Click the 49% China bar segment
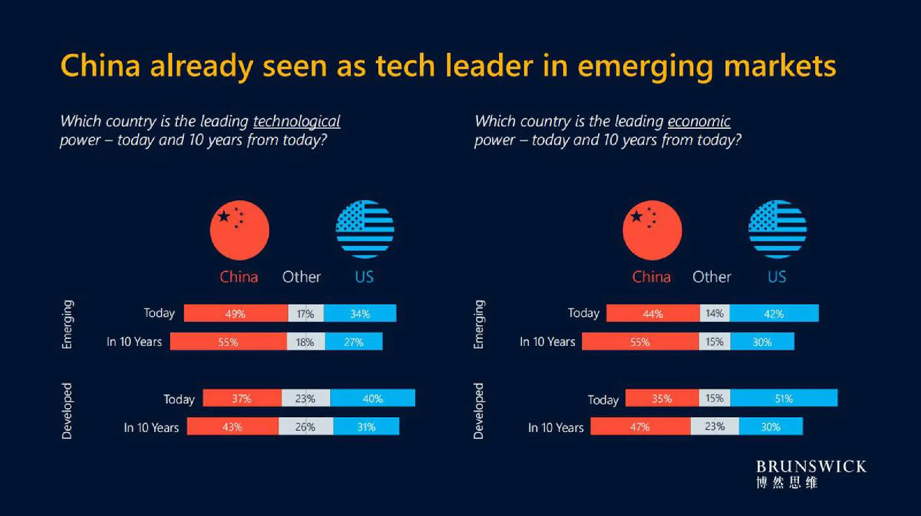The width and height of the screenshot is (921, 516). (x=236, y=313)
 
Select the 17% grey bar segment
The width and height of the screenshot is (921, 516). (x=306, y=313)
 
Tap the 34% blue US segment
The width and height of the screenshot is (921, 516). (x=360, y=313)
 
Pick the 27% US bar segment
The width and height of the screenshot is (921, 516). (x=354, y=342)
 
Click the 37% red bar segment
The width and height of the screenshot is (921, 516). (x=242, y=398)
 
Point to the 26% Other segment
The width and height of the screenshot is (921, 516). (x=306, y=427)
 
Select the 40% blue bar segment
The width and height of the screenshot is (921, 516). (x=373, y=398)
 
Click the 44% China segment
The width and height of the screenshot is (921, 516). (x=653, y=313)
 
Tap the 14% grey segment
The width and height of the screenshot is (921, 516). (x=715, y=313)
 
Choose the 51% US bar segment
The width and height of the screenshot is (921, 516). (x=784, y=398)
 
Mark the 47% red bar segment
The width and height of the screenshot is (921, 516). (x=641, y=427)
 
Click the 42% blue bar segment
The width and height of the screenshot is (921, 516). (x=774, y=313)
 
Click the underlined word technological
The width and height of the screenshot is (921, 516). (x=297, y=121)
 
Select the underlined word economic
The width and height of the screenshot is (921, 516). (x=699, y=121)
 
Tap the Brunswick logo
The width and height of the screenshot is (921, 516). (x=811, y=474)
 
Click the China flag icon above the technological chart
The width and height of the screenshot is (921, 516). (x=239, y=230)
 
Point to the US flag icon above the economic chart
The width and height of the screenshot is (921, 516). (x=777, y=229)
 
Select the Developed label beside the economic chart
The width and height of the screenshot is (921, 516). (x=479, y=411)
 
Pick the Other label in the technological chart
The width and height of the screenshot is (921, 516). (x=302, y=277)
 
